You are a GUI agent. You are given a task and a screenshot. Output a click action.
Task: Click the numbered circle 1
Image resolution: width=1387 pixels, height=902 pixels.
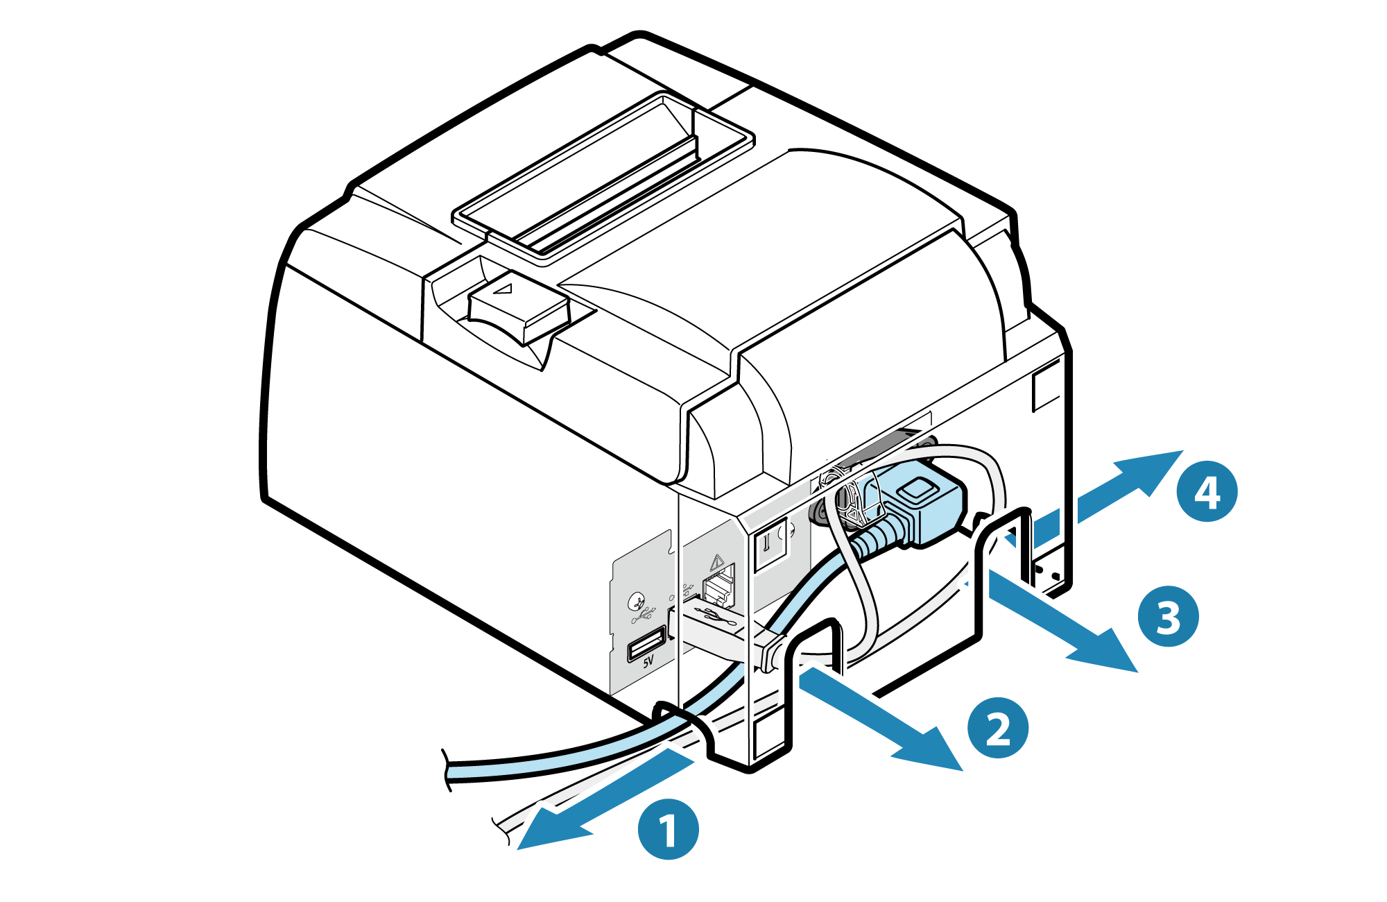[x=668, y=829]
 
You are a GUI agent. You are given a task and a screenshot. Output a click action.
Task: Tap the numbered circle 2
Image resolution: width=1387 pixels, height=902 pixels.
[x=998, y=727]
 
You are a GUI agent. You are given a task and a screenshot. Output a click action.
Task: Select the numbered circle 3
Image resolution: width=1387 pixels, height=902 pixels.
[x=1169, y=616]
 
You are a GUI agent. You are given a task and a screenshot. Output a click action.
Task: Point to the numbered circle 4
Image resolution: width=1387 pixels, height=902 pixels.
[x=1207, y=491]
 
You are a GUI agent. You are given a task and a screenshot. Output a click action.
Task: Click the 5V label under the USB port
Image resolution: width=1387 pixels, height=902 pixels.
[x=648, y=661]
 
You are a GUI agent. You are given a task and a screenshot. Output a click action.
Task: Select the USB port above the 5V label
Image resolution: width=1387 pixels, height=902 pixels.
[x=647, y=643]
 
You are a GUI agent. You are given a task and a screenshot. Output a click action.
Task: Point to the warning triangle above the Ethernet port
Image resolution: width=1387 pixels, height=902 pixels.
[x=716, y=561]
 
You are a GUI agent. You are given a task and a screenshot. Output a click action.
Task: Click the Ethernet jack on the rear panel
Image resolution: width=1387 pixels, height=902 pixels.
[x=719, y=587]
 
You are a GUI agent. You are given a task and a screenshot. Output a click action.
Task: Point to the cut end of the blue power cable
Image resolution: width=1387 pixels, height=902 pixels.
[x=446, y=771]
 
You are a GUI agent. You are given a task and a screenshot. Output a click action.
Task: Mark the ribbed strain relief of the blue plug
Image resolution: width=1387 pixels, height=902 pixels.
[x=877, y=537]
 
